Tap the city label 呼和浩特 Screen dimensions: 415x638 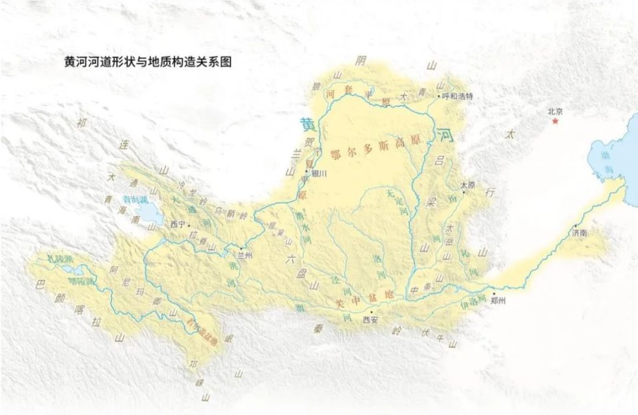tap(459, 96)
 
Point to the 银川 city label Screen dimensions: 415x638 tap(320, 174)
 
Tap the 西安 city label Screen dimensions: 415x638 tap(370, 320)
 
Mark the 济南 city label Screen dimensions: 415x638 tap(580, 233)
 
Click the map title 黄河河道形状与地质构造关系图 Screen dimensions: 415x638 tap(148, 62)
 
